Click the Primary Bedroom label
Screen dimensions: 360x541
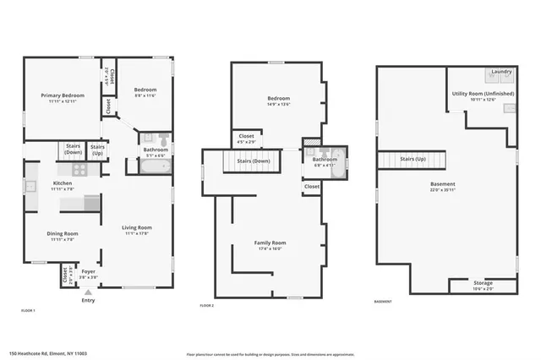pyautogui.click(x=57, y=95)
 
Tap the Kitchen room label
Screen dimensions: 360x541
pyautogui.click(x=63, y=183)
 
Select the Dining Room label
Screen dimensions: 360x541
pyautogui.click(x=63, y=233)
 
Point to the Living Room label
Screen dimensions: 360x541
pyautogui.click(x=136, y=227)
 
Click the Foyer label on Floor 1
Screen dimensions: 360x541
pyautogui.click(x=88, y=271)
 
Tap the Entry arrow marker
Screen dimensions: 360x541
pyautogui.click(x=88, y=292)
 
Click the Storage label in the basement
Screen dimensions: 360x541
pyautogui.click(x=483, y=283)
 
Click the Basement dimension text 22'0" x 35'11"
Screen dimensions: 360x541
pyautogui.click(x=442, y=189)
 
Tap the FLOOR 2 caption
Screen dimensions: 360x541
pyautogui.click(x=207, y=305)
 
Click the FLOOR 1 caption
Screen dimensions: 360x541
pyautogui.click(x=29, y=312)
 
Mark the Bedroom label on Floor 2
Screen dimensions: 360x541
pyautogui.click(x=279, y=98)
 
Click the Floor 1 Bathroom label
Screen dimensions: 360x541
pyautogui.click(x=156, y=150)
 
